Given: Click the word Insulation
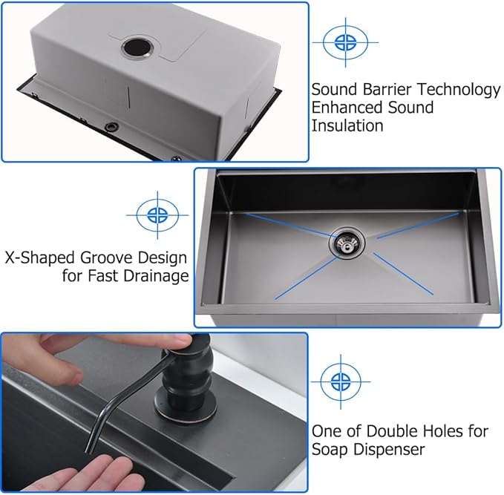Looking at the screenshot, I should [347, 125].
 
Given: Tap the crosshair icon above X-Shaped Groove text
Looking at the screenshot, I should [157, 215].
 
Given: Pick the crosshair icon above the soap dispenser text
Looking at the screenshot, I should [340, 381].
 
